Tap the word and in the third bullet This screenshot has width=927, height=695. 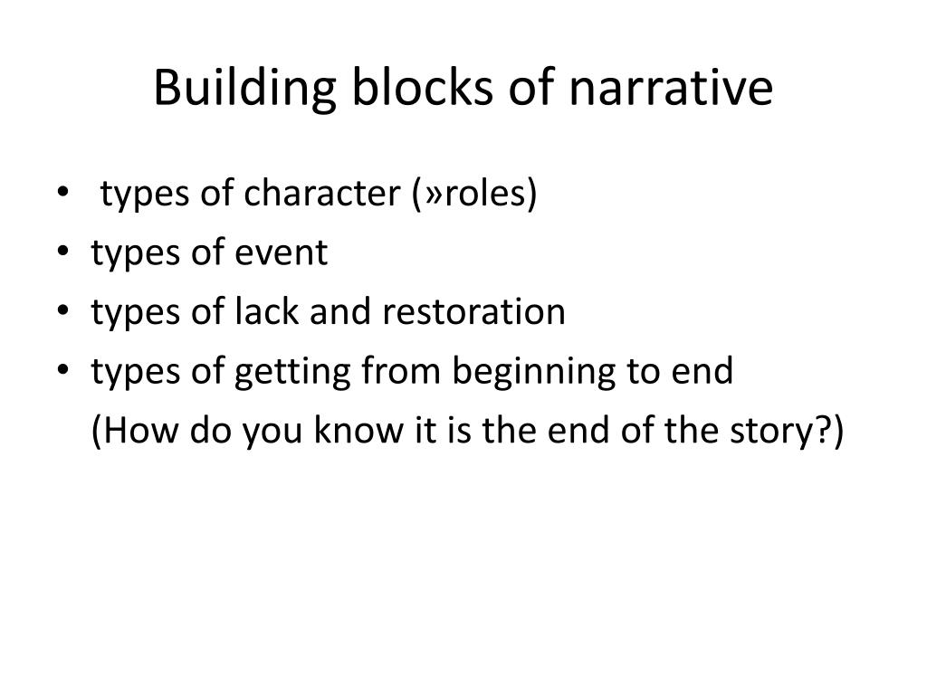click(342, 312)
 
